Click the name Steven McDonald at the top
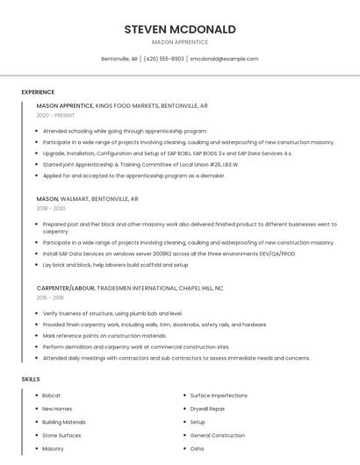(x=180, y=29)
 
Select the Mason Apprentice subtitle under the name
(x=180, y=42)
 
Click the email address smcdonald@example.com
(x=224, y=59)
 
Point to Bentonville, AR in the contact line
(x=119, y=59)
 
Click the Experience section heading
(x=38, y=92)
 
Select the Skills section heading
(x=31, y=379)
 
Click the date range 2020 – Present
(x=55, y=115)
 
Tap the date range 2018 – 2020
(x=51, y=209)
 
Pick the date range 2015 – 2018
(x=51, y=297)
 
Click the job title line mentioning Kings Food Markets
(x=122, y=105)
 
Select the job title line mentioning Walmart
(x=88, y=199)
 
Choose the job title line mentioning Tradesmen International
(x=130, y=288)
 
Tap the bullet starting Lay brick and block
(x=115, y=264)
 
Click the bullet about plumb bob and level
(x=112, y=312)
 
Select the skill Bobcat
(x=52, y=396)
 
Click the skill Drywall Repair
(x=207, y=409)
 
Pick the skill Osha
(x=197, y=448)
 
